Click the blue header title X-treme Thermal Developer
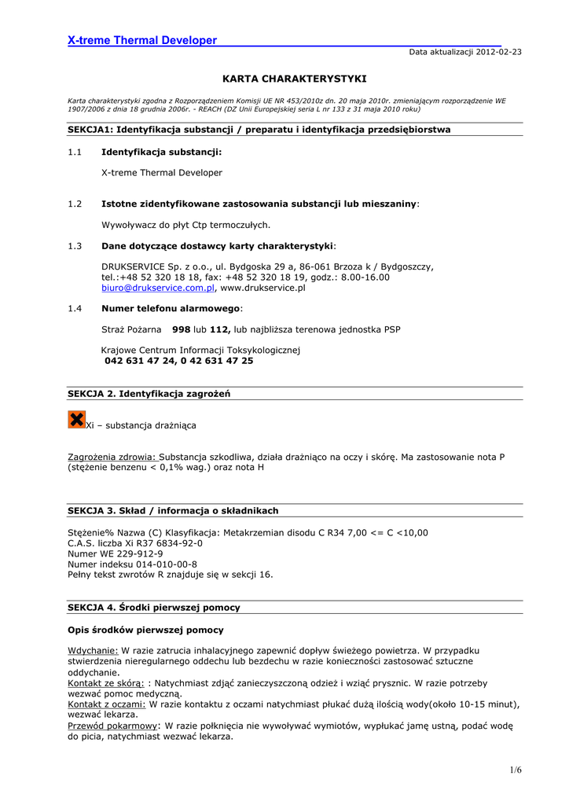point(141,40)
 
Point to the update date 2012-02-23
point(497,52)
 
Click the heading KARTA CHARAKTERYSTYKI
point(295,79)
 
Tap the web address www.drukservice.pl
point(262,288)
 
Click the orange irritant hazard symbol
point(76,420)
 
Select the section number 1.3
point(75,246)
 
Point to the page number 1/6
point(515,770)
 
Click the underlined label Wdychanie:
point(93,650)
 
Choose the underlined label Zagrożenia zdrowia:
point(112,456)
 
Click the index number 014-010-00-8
point(167,564)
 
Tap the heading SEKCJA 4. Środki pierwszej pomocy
point(154,608)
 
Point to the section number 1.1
point(75,152)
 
